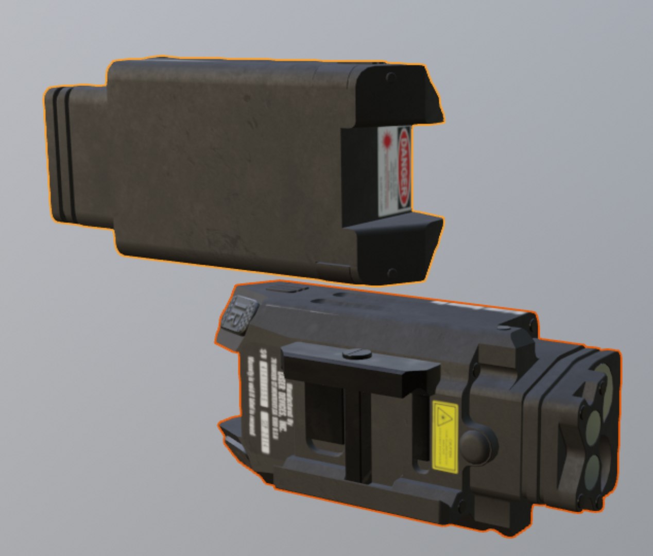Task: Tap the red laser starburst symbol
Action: click(388, 140)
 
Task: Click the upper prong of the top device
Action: click(402, 93)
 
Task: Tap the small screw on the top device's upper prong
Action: click(390, 77)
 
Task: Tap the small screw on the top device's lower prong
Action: click(390, 271)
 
